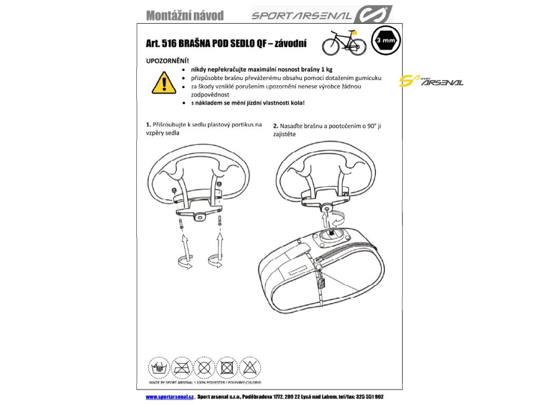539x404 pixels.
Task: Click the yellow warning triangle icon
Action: pyautogui.click(x=164, y=82)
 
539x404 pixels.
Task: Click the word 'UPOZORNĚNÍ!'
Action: pyautogui.click(x=167, y=61)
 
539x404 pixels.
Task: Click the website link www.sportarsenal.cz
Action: pyautogui.click(x=170, y=397)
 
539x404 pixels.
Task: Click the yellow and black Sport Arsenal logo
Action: pyautogui.click(x=431, y=82)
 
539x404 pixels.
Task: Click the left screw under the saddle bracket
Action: pyautogui.click(x=181, y=225)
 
